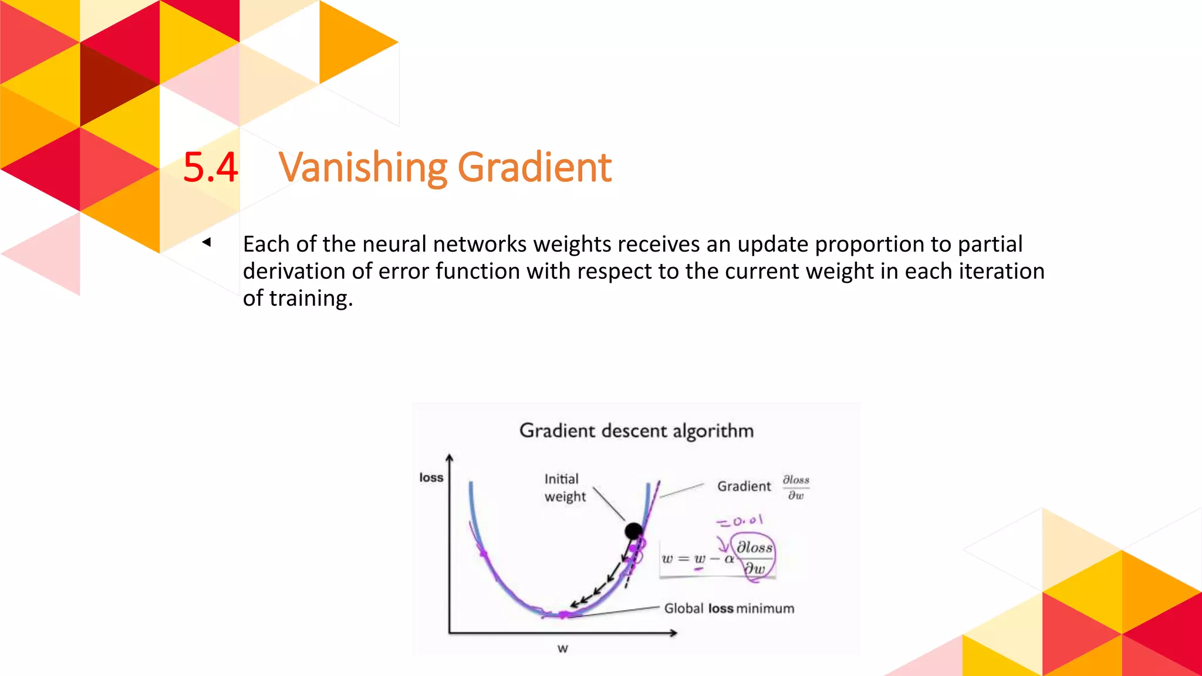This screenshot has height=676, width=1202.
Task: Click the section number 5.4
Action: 210,167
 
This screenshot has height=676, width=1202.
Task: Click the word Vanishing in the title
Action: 363,167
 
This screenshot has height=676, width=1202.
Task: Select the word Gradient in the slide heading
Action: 534,167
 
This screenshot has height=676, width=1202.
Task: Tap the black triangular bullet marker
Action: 206,242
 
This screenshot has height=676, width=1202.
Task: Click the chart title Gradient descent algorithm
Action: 636,431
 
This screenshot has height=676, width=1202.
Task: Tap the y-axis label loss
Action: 431,478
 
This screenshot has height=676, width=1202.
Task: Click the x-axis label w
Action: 562,648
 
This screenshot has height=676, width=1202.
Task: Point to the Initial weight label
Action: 564,488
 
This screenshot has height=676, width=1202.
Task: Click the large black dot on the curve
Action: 633,532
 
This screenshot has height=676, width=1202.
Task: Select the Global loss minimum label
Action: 729,609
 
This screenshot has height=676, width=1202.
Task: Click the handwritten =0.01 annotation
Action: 740,520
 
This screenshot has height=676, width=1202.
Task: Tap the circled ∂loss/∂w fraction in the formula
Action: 754,557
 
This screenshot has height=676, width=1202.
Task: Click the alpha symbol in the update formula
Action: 729,559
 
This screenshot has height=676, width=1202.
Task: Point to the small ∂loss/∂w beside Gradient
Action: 796,488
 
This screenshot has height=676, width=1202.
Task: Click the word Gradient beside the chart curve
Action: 744,486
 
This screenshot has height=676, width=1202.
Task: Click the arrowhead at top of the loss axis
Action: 449,458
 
